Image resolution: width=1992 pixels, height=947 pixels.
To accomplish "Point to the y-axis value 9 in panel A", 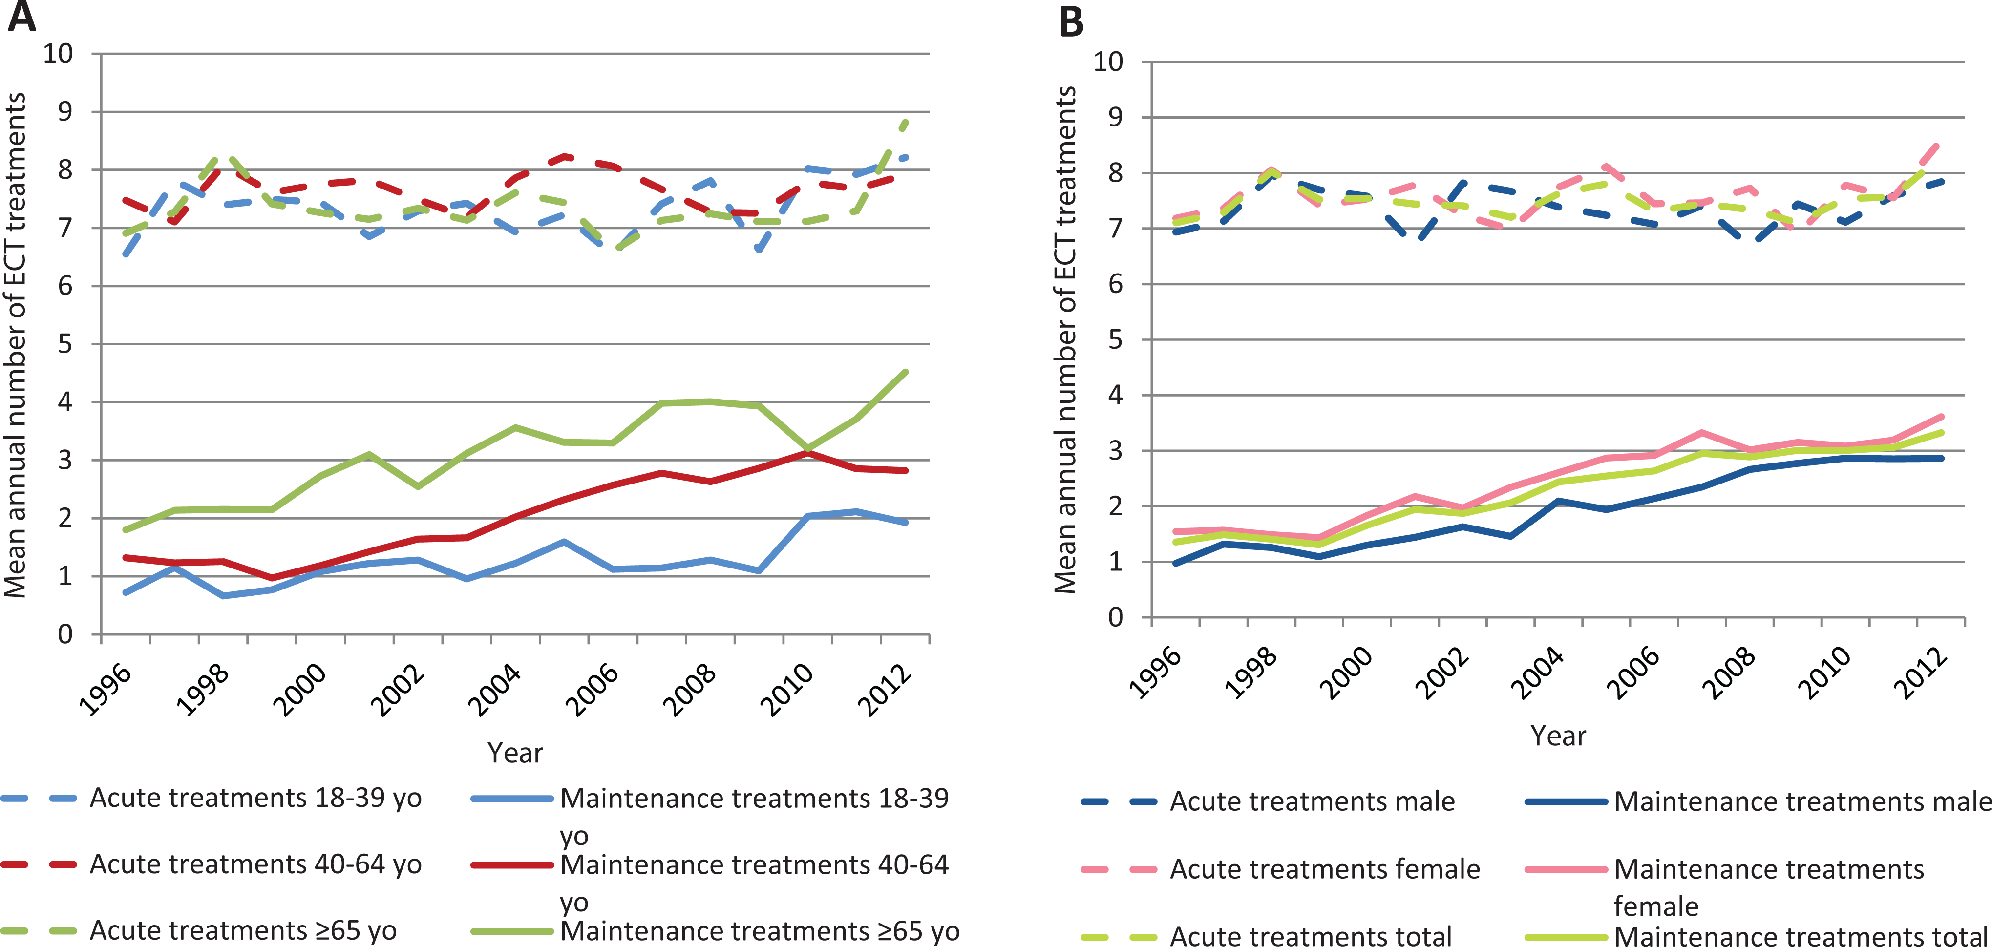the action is (65, 112).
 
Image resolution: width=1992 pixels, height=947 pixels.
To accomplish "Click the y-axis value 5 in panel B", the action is (1115, 339).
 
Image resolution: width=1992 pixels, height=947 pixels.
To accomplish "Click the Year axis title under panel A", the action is (515, 752).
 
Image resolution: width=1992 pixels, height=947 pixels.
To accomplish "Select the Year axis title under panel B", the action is (1558, 735).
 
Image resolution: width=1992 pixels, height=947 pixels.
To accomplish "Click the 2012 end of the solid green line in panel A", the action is (906, 372).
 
